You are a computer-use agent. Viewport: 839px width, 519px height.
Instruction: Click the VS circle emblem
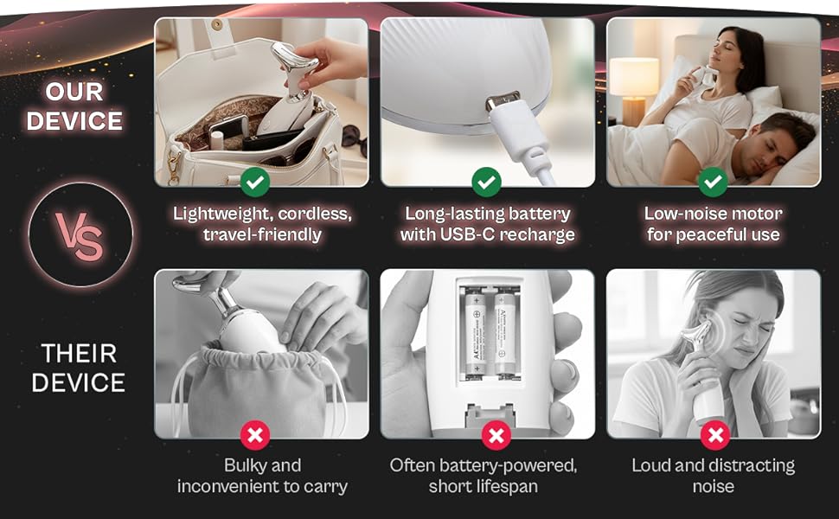[x=80, y=235]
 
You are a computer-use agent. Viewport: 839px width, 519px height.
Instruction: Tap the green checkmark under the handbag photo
[x=255, y=182]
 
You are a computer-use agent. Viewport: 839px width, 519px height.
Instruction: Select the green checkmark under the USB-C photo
[x=488, y=182]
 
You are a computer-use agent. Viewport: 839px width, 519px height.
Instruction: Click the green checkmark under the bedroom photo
[x=713, y=182]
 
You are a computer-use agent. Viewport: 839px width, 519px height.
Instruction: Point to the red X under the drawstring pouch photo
[x=255, y=435]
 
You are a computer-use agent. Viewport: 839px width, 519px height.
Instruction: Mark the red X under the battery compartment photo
[x=495, y=435]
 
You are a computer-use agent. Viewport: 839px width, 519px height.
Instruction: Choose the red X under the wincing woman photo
[x=714, y=435]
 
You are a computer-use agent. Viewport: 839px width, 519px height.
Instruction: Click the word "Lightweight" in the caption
[x=214, y=213]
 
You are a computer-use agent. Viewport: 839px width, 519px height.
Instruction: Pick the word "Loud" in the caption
[x=650, y=465]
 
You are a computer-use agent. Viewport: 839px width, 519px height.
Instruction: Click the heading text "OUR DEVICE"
[x=74, y=106]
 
